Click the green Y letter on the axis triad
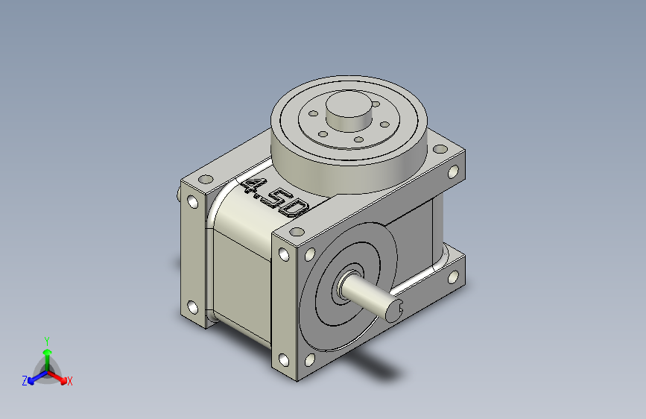pos(47,341)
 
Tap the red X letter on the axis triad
pos(69,382)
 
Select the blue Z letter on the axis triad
pos(25,381)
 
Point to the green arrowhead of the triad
pos(48,352)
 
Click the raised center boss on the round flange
pos(349,110)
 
